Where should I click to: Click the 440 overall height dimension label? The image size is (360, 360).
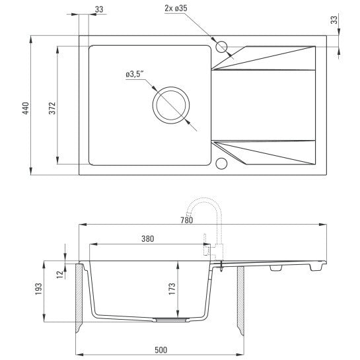26,108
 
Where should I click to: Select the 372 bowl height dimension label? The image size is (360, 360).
52,108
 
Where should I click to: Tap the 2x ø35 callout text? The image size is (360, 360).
176,9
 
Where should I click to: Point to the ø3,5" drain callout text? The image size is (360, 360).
135,74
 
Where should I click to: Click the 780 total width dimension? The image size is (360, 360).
186,220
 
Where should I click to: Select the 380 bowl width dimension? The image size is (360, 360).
147,238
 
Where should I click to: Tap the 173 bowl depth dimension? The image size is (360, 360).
172,289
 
